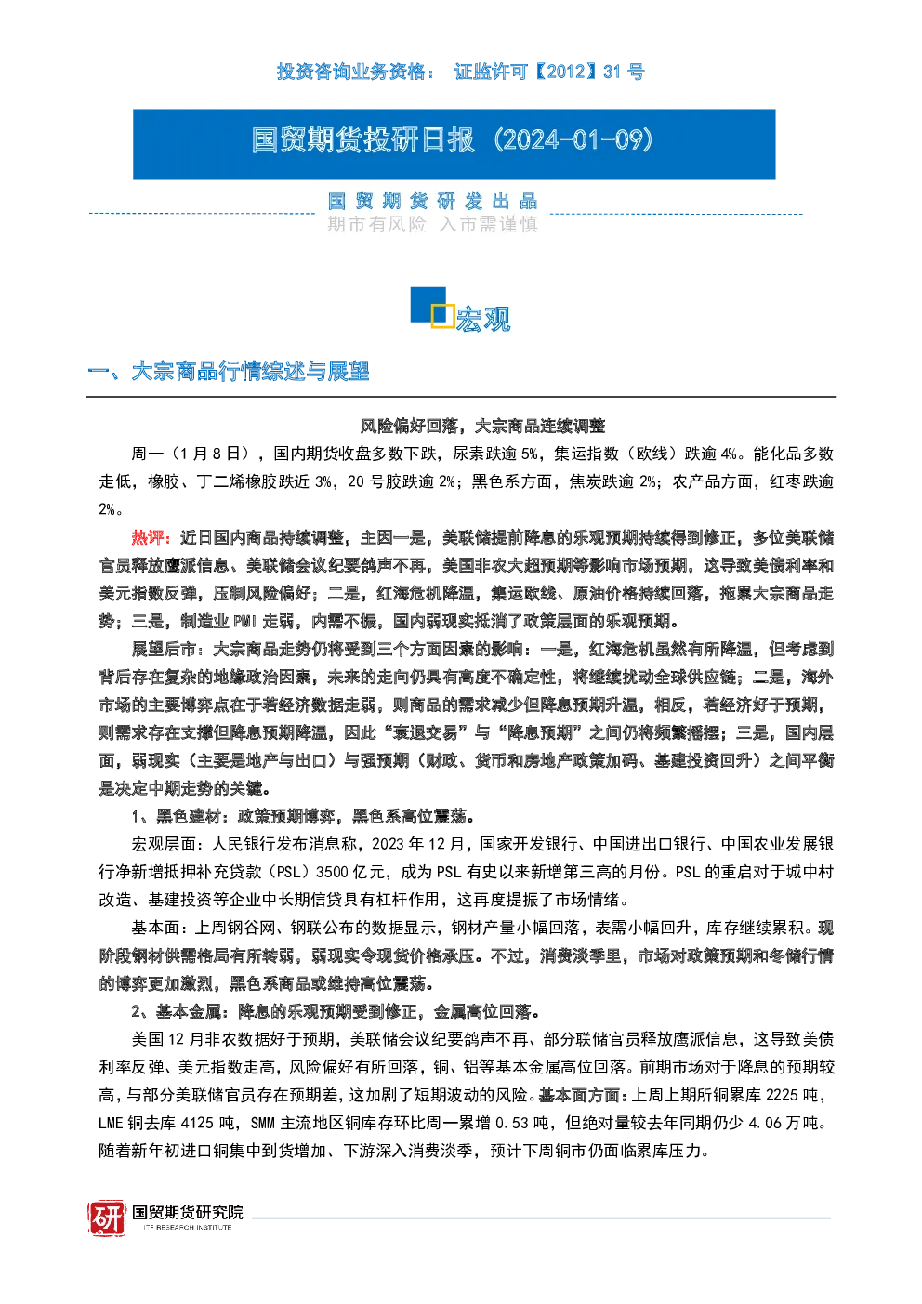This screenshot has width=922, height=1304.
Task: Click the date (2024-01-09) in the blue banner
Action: click(573, 140)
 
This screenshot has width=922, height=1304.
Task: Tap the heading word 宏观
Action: click(482, 319)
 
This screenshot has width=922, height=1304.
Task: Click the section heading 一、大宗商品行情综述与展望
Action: click(229, 371)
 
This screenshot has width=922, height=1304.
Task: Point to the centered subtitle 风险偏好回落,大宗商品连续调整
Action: click(482, 426)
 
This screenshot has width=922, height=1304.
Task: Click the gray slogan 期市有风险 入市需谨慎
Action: click(432, 224)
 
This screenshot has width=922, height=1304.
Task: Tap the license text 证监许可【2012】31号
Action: click(549, 72)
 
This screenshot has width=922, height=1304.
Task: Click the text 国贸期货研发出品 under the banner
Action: click(432, 202)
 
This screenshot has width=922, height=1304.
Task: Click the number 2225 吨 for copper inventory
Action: click(793, 1095)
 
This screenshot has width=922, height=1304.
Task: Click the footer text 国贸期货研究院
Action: click(188, 1213)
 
